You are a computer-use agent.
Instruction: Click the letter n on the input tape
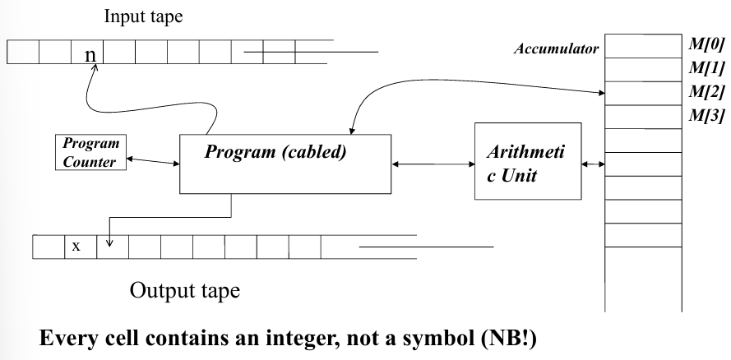[x=90, y=55]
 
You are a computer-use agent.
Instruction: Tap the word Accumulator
[x=557, y=49]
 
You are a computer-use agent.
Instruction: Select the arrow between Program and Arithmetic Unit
[x=433, y=164]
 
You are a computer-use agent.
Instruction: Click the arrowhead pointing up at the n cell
[x=94, y=72]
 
